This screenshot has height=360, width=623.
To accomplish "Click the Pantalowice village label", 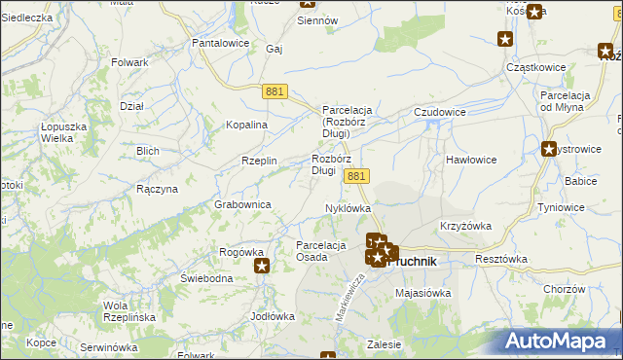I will coord(222,44).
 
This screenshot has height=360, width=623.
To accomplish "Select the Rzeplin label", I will coord(260,161).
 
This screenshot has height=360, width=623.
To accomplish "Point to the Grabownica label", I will coord(243,204).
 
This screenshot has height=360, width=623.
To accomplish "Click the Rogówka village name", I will coord(242,252).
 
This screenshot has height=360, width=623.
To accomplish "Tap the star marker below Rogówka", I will coord(262,266).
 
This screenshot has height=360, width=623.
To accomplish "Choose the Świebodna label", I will coord(206,278).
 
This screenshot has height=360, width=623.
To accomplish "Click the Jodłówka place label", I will coord(273,316).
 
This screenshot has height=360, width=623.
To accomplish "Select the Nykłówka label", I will coord(348,208).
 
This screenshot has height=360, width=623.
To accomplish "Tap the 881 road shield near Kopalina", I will coord(275,90).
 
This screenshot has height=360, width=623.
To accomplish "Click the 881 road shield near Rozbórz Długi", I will coord(357,175).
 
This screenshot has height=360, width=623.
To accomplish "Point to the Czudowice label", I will coord(440,112).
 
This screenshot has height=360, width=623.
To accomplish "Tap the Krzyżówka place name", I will coord(465,225).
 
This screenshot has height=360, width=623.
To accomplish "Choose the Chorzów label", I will coord(564,289).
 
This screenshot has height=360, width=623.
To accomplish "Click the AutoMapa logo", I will coord(560,341).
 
